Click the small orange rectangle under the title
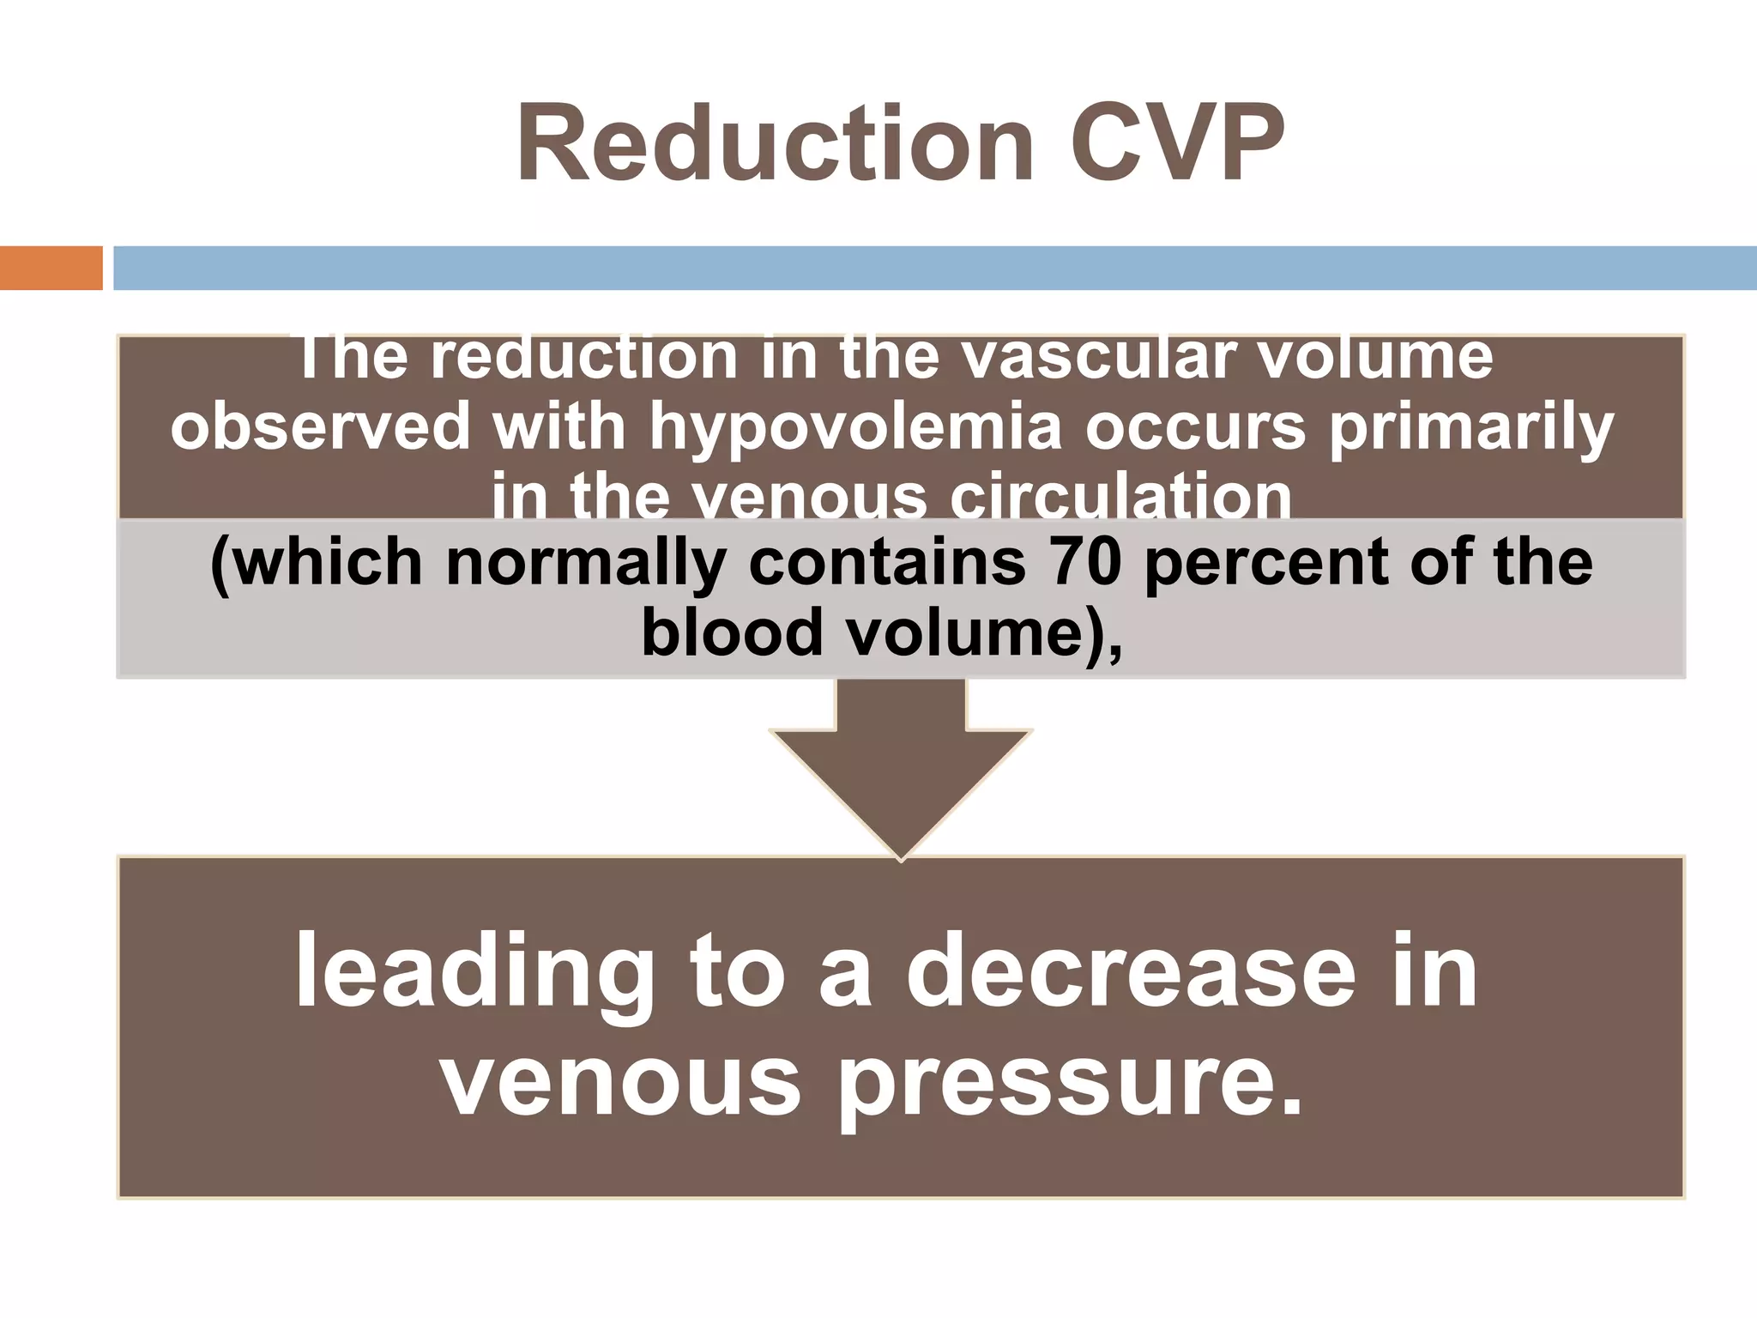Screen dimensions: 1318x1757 pyautogui.click(x=51, y=268)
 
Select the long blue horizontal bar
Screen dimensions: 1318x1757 pyautogui.click(x=934, y=268)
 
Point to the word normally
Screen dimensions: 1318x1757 pyautogui.click(x=586, y=564)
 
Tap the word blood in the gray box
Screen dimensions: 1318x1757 pyautogui.click(x=732, y=632)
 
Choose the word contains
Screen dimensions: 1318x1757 pyautogui.click(x=887, y=562)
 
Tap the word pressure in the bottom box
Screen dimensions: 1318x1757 pyautogui.click(x=1070, y=1083)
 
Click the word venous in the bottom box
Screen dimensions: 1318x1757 pyautogui.click(x=619, y=1083)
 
